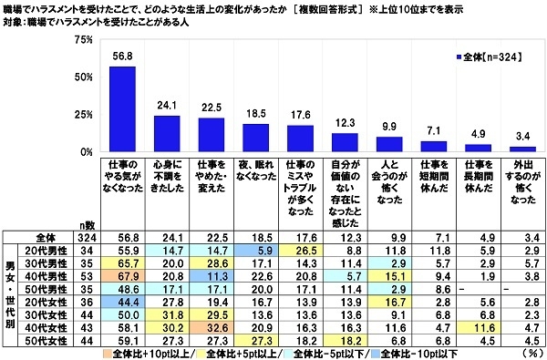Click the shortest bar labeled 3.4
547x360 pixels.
(522, 149)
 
